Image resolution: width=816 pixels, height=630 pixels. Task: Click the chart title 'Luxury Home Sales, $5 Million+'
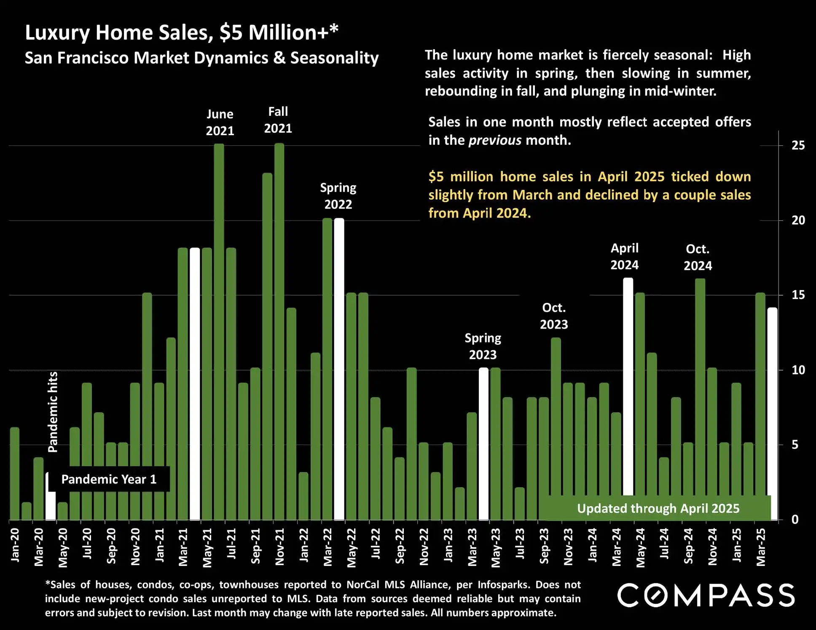(x=181, y=32)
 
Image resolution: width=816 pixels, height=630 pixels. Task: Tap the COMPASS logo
(x=706, y=595)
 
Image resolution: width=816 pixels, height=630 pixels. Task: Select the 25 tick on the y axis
(x=798, y=145)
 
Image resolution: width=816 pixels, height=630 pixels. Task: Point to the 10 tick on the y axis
(x=798, y=370)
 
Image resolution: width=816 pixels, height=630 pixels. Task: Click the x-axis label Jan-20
(x=15, y=545)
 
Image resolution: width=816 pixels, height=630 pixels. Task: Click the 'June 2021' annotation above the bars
(x=220, y=122)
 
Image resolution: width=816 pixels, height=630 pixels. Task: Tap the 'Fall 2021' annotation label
(x=278, y=120)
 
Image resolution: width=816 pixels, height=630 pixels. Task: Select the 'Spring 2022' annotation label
(x=338, y=196)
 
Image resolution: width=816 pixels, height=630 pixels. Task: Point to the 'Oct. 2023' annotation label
(x=554, y=316)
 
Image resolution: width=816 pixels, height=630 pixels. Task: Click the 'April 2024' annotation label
(x=625, y=256)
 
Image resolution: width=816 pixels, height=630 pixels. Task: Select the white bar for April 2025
(x=773, y=400)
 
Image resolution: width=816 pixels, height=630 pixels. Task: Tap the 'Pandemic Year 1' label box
(x=109, y=479)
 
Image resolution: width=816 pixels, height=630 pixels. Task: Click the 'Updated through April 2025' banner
(x=658, y=508)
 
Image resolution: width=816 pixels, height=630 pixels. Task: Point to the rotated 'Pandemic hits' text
(x=53, y=412)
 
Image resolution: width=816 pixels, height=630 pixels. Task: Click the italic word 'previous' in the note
(x=495, y=140)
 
